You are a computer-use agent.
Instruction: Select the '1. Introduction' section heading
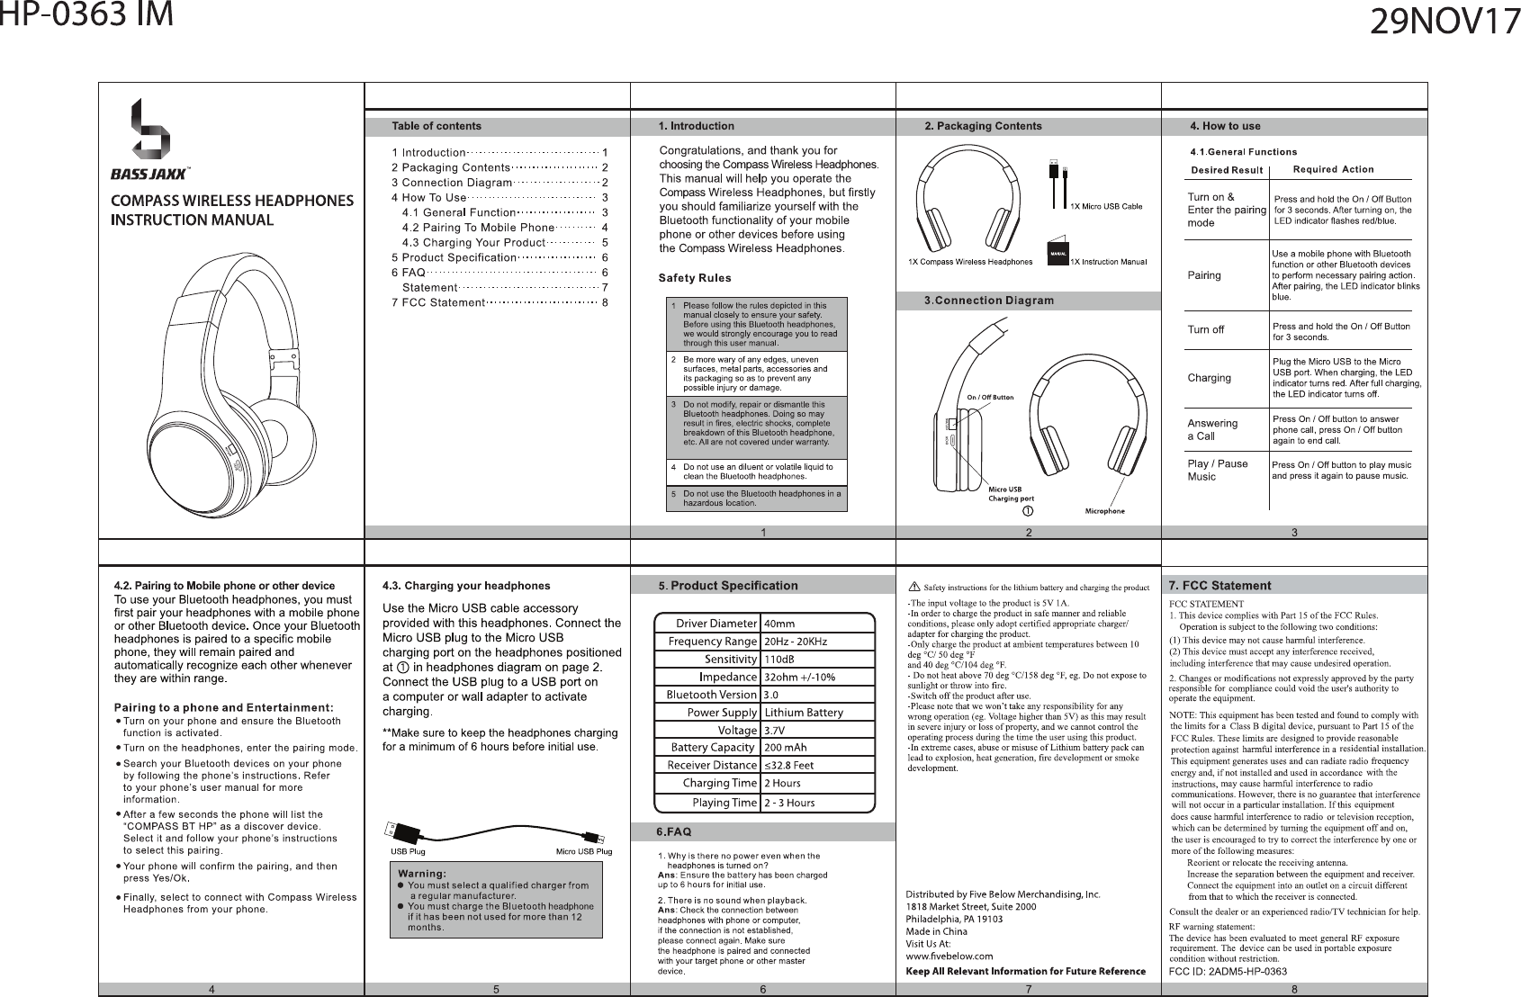pos(697,126)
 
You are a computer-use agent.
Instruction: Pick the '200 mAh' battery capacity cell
pos(785,748)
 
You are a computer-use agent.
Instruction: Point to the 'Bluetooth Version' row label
pos(711,695)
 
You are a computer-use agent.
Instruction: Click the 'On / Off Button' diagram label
pos(990,397)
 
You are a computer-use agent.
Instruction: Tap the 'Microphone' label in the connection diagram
pos(1104,512)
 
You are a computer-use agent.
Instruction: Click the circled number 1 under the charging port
pos(1027,511)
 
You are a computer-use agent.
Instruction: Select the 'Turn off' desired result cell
pos(1206,330)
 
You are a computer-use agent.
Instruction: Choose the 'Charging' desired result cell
pos(1209,378)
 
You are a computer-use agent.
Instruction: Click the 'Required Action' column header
pos(1333,169)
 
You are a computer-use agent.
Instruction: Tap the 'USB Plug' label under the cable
pos(407,851)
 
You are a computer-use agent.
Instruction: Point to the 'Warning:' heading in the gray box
pos(422,873)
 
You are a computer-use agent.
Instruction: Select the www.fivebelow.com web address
pos(949,957)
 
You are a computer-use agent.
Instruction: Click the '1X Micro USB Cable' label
pos(1106,207)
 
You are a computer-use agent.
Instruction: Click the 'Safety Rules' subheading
pos(695,277)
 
